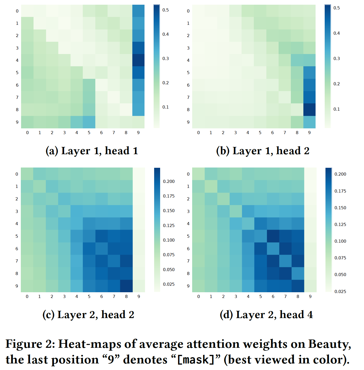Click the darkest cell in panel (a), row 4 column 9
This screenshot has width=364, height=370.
[138, 60]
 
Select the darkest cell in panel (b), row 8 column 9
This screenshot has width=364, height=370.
[309, 110]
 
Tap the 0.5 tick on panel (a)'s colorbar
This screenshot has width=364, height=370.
[166, 10]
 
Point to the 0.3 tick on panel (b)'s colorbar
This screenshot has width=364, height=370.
[337, 58]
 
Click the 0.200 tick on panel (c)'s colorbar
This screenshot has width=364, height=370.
[169, 181]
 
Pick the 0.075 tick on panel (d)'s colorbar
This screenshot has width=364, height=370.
[340, 258]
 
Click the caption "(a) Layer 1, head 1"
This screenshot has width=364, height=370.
[92, 151]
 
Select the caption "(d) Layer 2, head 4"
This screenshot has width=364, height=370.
[266, 315]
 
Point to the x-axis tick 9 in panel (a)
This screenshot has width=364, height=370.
[138, 133]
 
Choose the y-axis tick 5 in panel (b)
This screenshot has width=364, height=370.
[188, 73]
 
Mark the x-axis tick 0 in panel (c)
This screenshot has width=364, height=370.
[27, 296]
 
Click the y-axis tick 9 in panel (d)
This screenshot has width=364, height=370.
[188, 286]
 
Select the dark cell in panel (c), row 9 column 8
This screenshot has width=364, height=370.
[126, 286]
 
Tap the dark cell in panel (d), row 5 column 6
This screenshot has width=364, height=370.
[273, 236]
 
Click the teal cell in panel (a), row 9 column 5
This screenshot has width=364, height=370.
[89, 122]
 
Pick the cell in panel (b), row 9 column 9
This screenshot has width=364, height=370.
[309, 122]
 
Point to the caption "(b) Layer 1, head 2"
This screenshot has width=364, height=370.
[263, 151]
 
